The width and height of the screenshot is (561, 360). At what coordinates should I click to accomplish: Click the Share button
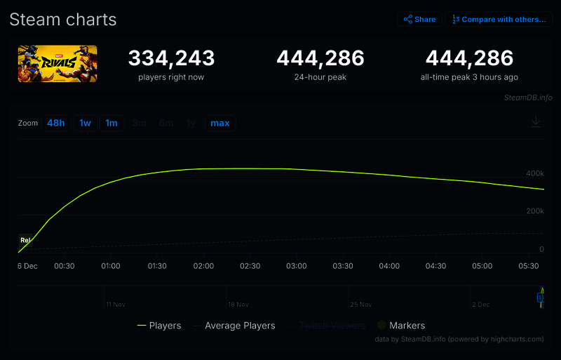419,20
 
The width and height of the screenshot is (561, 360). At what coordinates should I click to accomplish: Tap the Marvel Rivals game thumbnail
58,64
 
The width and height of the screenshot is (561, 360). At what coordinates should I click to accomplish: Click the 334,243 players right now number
171,58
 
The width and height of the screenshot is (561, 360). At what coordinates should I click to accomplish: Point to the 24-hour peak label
320,77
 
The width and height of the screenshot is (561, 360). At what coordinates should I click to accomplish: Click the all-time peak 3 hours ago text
469,77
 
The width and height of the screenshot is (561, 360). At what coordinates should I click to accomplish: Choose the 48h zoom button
56,124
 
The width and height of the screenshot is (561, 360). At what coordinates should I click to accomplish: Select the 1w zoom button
85,124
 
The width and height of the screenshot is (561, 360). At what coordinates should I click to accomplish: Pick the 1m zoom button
111,124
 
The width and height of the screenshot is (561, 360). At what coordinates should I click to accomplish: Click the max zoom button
220,124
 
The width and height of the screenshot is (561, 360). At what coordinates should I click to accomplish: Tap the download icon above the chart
536,122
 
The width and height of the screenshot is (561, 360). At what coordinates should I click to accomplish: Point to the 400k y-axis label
534,173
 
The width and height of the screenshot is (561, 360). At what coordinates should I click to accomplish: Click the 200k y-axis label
534,211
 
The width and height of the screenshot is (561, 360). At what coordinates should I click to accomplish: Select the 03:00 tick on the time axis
297,267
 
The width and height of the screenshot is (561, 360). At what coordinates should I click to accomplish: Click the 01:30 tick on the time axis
157,267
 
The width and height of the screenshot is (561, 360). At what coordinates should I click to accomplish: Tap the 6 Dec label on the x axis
28,267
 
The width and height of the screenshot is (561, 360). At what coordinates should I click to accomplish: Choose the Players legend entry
159,326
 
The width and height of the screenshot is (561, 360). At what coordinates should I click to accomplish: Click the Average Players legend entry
234,326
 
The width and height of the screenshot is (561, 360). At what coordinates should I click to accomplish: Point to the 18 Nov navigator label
238,305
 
